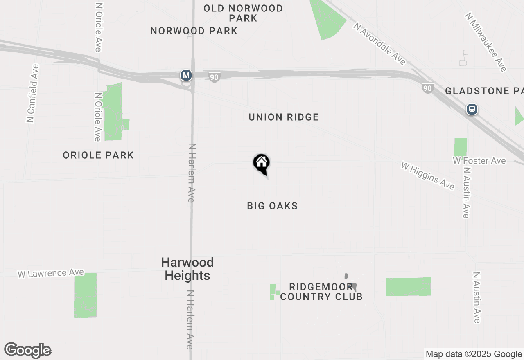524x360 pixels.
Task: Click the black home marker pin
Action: [261, 164]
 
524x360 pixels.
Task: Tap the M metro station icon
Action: [186, 75]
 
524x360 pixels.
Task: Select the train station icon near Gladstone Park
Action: [472, 109]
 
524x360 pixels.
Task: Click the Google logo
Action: [27, 351]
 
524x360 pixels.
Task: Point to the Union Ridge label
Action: [283, 117]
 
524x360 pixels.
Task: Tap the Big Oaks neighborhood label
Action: [272, 206]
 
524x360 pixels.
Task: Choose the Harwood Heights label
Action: [187, 269]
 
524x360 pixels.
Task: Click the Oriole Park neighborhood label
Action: [98, 155]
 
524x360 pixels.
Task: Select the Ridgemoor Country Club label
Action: [321, 292]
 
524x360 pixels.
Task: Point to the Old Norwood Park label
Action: [243, 13]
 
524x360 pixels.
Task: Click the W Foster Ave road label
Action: [479, 161]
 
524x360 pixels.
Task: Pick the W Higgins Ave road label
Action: [428, 176]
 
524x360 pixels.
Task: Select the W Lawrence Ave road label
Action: [51, 273]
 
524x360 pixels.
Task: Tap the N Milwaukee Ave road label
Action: [486, 42]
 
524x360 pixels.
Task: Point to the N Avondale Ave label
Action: [380, 44]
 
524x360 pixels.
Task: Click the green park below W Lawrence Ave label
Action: [86, 295]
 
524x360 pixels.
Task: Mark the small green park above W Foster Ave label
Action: [461, 147]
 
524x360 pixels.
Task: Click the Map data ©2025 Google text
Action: [474, 354]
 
